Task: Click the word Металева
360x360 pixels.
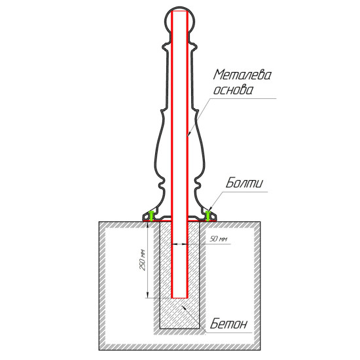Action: click(x=242, y=75)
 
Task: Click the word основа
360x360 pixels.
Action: click(x=233, y=90)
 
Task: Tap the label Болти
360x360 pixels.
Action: click(x=244, y=183)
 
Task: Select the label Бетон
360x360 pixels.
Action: click(x=229, y=324)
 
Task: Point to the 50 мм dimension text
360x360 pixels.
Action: click(x=219, y=239)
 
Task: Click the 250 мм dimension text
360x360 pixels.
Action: click(x=143, y=260)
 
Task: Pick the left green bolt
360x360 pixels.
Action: click(x=151, y=215)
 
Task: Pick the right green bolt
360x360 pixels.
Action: click(x=207, y=215)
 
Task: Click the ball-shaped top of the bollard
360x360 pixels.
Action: click(x=179, y=21)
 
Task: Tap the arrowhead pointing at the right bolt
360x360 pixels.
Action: click(x=209, y=210)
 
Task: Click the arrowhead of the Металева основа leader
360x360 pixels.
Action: click(x=189, y=134)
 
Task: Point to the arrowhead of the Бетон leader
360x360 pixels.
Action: click(x=184, y=307)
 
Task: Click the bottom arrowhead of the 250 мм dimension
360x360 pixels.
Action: click(x=148, y=295)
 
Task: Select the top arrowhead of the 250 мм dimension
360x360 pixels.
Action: click(x=148, y=225)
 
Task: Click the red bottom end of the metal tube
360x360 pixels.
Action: click(x=179, y=298)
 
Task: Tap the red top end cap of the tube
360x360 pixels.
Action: click(x=179, y=11)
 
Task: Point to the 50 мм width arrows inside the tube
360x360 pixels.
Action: click(x=179, y=244)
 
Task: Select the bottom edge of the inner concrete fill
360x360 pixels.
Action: click(x=179, y=329)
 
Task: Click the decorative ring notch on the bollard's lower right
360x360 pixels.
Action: click(x=198, y=184)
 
